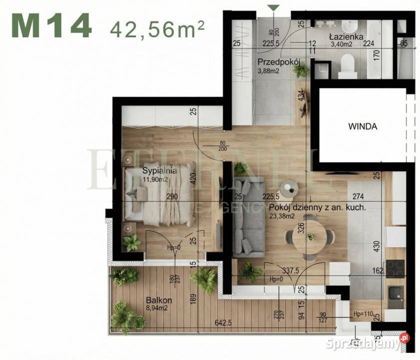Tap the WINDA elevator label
(362, 126)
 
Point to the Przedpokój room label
(278, 62)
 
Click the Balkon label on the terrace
(159, 300)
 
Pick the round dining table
(310, 237)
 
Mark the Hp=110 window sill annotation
(362, 314)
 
